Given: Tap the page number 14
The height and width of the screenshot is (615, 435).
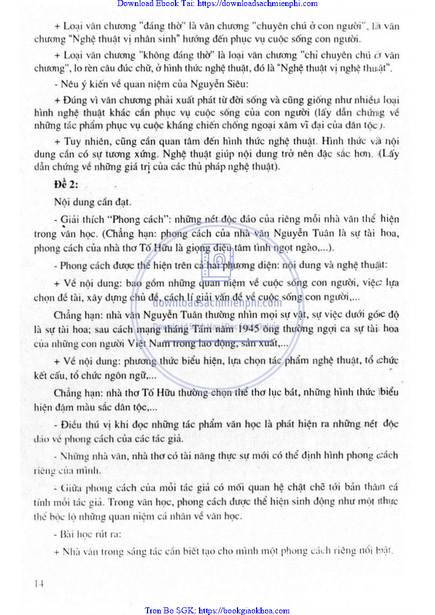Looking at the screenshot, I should pyautogui.click(x=38, y=583).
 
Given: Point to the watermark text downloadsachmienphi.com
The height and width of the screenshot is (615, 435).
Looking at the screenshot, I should pyautogui.click(x=217, y=302).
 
